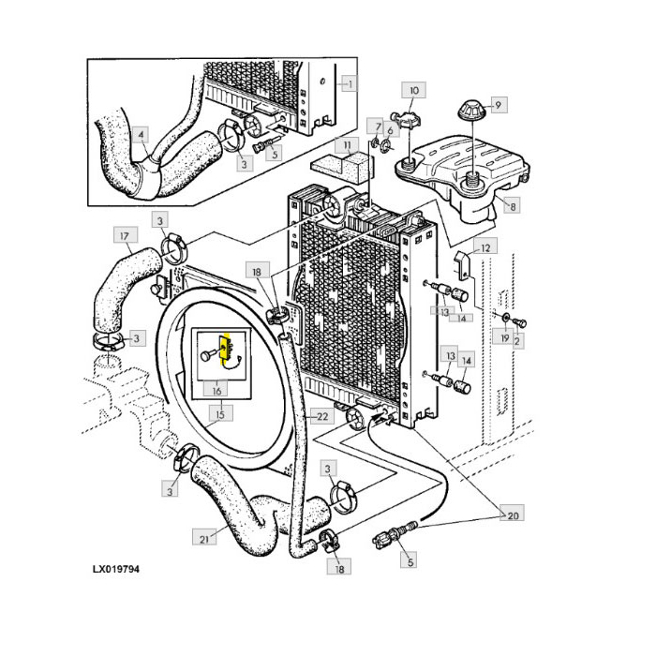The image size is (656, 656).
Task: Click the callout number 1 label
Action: click(x=349, y=83)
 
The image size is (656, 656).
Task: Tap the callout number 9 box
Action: click(x=499, y=105)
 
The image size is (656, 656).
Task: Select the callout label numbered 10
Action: click(x=414, y=90)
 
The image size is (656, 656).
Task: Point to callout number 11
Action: click(x=348, y=146)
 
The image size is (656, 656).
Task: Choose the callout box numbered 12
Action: click(x=485, y=247)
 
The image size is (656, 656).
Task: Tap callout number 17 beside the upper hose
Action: click(x=123, y=234)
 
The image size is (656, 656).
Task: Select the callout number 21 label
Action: click(x=205, y=538)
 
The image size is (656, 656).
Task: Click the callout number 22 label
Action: click(x=320, y=417)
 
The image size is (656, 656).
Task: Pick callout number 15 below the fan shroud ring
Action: click(x=221, y=413)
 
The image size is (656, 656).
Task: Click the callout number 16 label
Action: click(x=217, y=390)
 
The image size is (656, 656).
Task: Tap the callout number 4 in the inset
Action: click(x=141, y=134)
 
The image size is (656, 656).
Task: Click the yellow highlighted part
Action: click(x=224, y=350)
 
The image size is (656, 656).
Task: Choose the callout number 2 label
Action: click(x=518, y=341)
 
